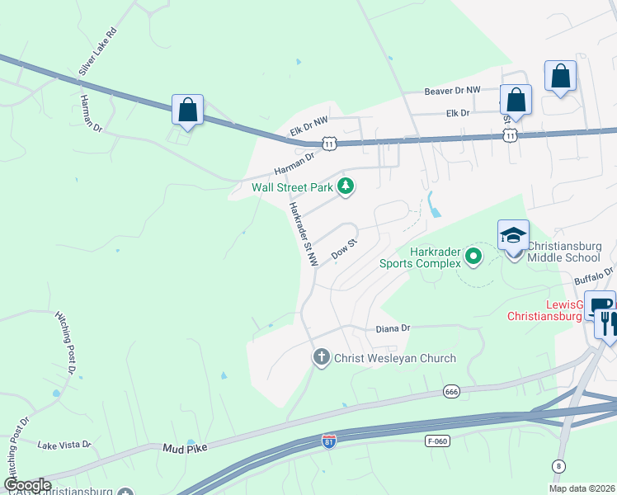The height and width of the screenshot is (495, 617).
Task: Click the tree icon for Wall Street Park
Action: [346, 187]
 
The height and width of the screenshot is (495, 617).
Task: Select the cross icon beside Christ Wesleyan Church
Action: [321, 358]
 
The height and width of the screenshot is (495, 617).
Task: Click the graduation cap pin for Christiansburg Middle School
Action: [512, 235]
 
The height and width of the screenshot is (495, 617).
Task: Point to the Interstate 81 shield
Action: [329, 441]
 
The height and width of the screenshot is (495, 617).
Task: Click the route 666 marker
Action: [450, 391]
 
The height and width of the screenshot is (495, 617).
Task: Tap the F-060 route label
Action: [437, 441]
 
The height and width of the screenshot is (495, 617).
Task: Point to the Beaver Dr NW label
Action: [452, 92]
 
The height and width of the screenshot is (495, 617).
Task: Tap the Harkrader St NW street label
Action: [302, 233]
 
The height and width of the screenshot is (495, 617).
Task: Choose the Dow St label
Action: [343, 249]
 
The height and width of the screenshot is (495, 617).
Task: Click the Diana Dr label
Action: [393, 328]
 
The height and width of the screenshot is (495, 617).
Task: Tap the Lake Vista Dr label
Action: [64, 445]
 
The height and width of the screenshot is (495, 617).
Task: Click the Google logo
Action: [27, 485]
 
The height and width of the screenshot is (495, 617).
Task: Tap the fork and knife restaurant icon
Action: [609, 318]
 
